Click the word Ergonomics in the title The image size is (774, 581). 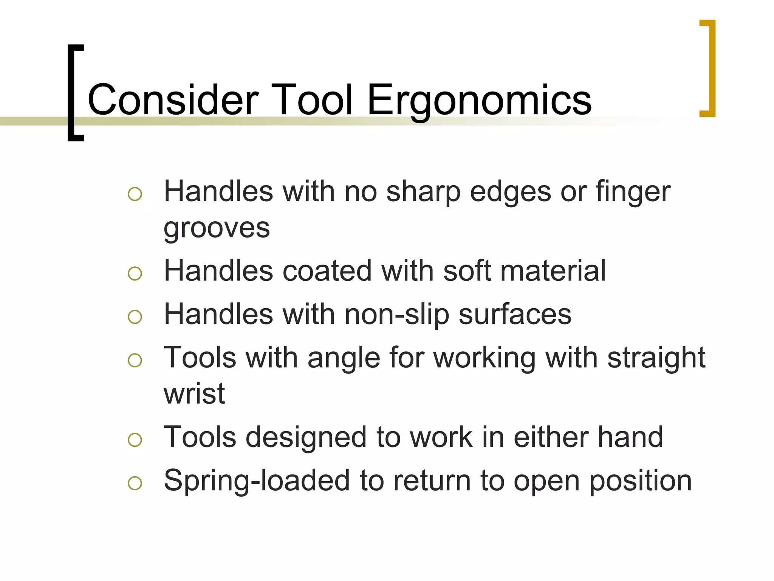(x=479, y=100)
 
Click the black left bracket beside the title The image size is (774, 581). (x=74, y=93)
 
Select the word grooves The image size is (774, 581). (x=217, y=228)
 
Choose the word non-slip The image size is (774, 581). (x=396, y=314)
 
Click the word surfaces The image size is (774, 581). (x=515, y=314)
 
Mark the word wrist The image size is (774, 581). (x=194, y=393)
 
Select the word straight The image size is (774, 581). (x=656, y=358)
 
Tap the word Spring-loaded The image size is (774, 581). (x=257, y=481)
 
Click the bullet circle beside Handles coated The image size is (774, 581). (x=135, y=273)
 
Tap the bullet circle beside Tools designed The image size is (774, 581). (x=135, y=440)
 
